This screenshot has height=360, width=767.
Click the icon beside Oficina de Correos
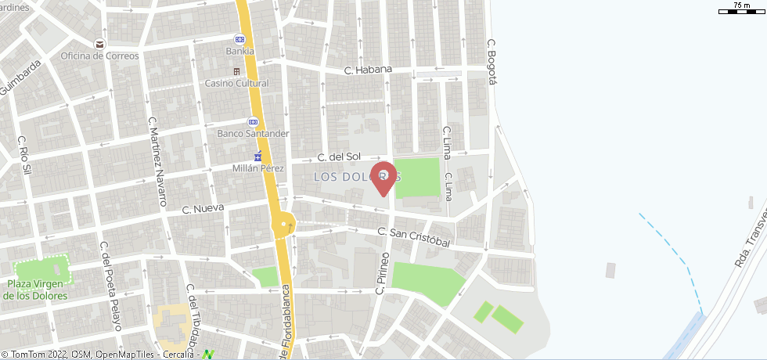pos(99,44)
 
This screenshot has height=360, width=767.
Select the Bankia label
pos(239,52)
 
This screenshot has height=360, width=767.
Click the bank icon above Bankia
pos(239,39)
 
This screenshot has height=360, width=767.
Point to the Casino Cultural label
pos(236,83)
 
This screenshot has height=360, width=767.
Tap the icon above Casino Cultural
pos(236,71)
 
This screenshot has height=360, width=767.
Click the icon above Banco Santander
pos(253,121)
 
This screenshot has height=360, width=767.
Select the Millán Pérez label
pos(259,168)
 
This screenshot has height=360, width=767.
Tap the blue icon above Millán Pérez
pos(258,156)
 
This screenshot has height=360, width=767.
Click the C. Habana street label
pos(367,70)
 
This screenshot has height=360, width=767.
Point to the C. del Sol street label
pos(338,157)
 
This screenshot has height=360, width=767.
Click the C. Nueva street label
pos(203,209)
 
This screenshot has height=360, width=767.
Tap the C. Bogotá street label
pos(492,62)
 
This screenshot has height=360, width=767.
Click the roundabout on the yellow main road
pos(283,226)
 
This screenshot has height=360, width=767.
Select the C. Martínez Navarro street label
pos(157,161)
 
